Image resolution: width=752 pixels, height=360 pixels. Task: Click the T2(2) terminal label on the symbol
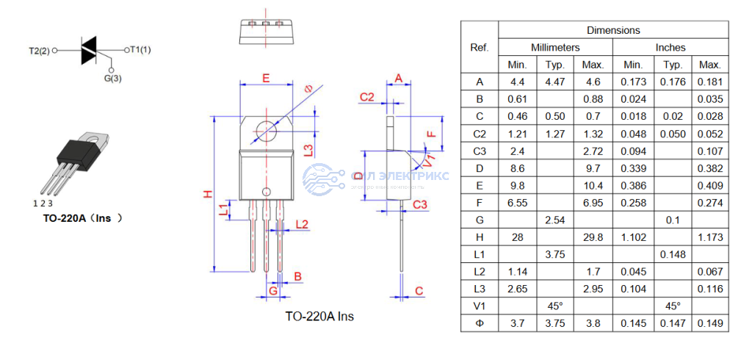pyautogui.click(x=39, y=51)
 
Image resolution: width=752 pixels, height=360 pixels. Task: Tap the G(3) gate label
pyautogui.click(x=112, y=77)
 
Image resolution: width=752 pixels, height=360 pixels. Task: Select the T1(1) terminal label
pyautogui.click(x=140, y=50)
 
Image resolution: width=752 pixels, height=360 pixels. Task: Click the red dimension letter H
pyautogui.click(x=208, y=194)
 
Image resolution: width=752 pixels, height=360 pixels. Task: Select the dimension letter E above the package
pyautogui.click(x=266, y=78)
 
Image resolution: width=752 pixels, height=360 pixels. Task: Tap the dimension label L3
pyautogui.click(x=309, y=149)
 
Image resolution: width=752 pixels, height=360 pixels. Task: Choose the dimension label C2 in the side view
pyautogui.click(x=366, y=97)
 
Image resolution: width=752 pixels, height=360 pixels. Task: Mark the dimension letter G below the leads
pyautogui.click(x=272, y=291)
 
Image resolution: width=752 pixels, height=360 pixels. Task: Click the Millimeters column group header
pyautogui.click(x=555, y=47)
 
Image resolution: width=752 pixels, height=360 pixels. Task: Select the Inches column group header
pyautogui.click(x=670, y=47)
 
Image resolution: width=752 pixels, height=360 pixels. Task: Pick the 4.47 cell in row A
pyautogui.click(x=554, y=82)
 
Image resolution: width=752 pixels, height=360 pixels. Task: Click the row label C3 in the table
pyautogui.click(x=480, y=151)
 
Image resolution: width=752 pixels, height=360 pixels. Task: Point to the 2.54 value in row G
pyautogui.click(x=554, y=220)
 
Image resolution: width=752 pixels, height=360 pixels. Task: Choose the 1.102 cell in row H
pyautogui.click(x=632, y=237)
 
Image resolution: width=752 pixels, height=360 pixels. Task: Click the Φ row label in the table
pyautogui.click(x=480, y=323)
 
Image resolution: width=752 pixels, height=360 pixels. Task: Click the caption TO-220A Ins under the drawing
pyautogui.click(x=319, y=317)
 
